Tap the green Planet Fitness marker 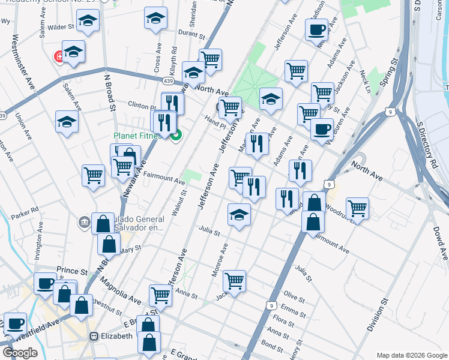point(175,136)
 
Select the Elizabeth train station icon point(94,336)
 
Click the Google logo point(20,352)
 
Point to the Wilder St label point(60,27)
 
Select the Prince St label point(71,271)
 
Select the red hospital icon point(59,57)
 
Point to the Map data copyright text point(411,355)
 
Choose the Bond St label point(271,346)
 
